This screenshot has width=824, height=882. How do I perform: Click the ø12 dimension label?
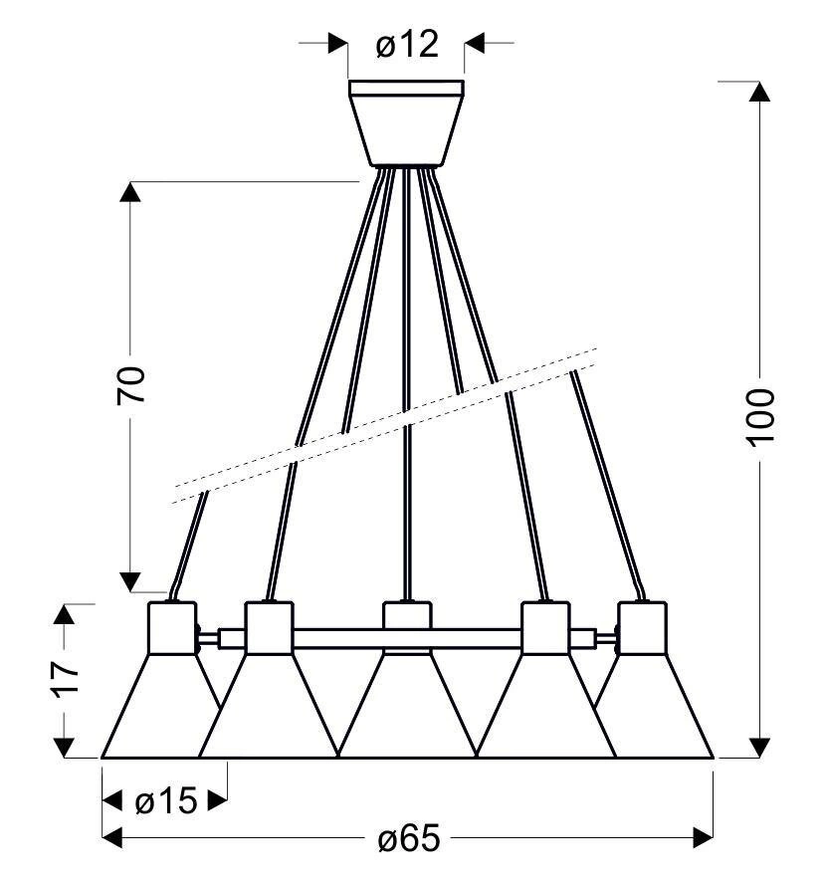click(407, 44)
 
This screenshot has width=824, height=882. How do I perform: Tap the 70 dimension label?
click(131, 385)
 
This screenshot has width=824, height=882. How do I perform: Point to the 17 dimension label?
click(66, 680)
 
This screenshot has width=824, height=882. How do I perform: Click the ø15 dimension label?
click(166, 800)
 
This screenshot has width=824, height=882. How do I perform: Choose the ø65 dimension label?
click(409, 838)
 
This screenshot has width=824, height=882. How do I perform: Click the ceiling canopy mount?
click(406, 123)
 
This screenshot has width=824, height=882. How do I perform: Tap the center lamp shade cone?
click(408, 706)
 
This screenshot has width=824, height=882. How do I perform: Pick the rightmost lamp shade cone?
click(654, 706)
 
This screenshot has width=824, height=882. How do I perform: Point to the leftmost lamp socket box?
click(172, 628)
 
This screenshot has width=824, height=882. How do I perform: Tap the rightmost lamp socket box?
click(642, 628)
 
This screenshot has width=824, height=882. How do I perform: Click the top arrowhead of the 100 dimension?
click(760, 92)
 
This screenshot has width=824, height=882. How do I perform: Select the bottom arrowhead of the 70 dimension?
click(130, 582)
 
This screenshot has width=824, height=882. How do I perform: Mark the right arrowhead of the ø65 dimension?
click(704, 838)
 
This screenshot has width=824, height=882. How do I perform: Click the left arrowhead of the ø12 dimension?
click(337, 43)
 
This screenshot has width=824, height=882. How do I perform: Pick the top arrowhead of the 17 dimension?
click(64, 613)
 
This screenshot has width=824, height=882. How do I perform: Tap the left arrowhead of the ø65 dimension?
click(112, 838)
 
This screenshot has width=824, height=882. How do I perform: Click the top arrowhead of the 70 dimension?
click(130, 192)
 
